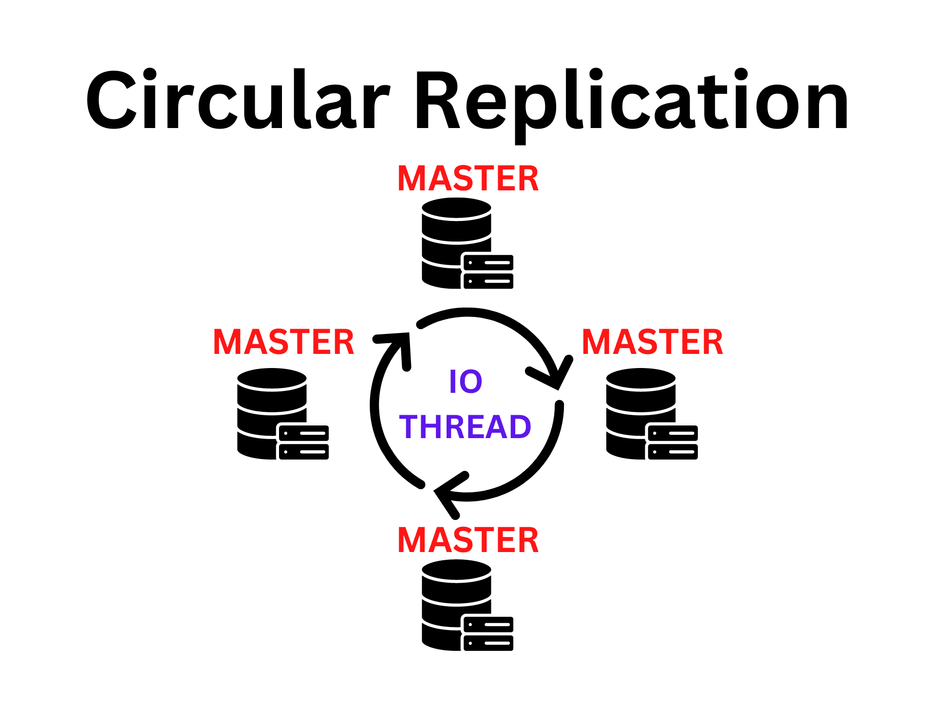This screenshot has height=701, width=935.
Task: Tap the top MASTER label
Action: (x=468, y=179)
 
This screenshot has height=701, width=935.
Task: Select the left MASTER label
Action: (x=283, y=342)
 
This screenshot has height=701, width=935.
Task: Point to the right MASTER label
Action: (x=653, y=342)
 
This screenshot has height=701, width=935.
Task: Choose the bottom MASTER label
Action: (x=468, y=540)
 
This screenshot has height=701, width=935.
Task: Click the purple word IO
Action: (x=466, y=382)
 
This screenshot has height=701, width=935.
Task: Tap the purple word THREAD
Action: (x=465, y=427)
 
